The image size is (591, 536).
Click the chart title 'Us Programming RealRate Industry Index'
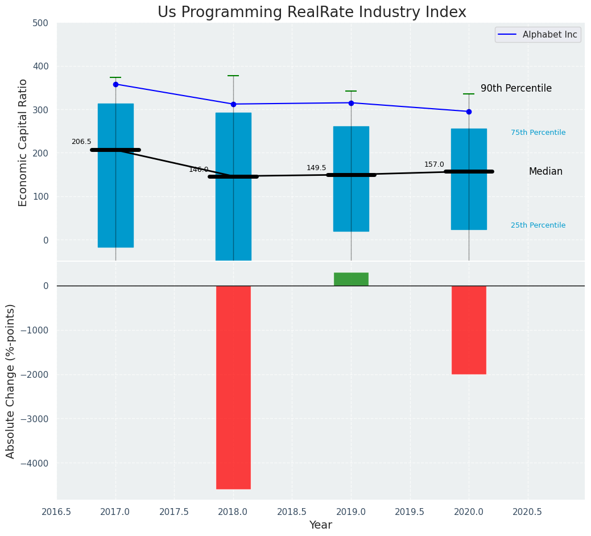pos(312,13)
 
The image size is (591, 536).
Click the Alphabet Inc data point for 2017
pos(115,84)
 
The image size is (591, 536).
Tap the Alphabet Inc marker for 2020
pos(469,112)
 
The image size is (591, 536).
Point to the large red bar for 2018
pos(233,387)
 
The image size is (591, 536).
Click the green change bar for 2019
pos(351,279)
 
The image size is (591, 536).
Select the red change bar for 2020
pos(469,330)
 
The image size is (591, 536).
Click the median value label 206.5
pos(81,142)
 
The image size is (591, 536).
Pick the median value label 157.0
pos(434,164)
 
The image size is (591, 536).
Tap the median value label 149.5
pos(316,168)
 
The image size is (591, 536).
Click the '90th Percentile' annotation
pos(516,88)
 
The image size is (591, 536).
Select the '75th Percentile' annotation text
pos(538,133)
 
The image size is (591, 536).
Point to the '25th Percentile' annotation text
pos(538,225)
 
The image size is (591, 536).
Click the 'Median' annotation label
pos(545,171)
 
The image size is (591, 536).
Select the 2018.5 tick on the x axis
pos(292,512)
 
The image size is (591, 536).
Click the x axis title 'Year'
pos(320,525)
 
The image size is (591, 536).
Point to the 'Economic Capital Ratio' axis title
pos(23,142)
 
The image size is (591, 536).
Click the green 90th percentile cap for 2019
pos(351,91)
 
